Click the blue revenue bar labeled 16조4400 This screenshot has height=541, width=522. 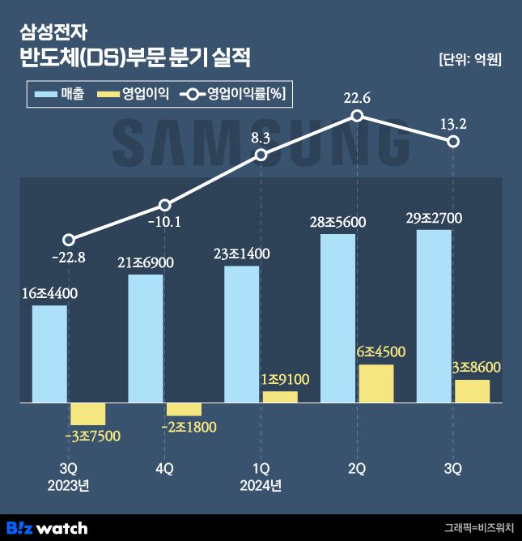pyautogui.click(x=49, y=354)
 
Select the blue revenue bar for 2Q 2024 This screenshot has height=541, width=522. pyautogui.click(x=337, y=318)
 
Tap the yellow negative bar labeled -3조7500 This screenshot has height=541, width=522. pyautogui.click(x=87, y=413)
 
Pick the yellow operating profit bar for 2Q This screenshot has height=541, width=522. pyautogui.click(x=376, y=383)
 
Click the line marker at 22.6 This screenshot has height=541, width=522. pyautogui.click(x=357, y=117)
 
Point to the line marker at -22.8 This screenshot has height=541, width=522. pyautogui.click(x=69, y=240)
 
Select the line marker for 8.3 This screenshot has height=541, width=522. pyautogui.click(x=261, y=155)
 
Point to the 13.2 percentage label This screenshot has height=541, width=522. pyautogui.click(x=453, y=123)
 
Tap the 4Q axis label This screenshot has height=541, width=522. pyautogui.click(x=164, y=469)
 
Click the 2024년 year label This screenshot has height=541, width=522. pyautogui.click(x=261, y=485)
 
